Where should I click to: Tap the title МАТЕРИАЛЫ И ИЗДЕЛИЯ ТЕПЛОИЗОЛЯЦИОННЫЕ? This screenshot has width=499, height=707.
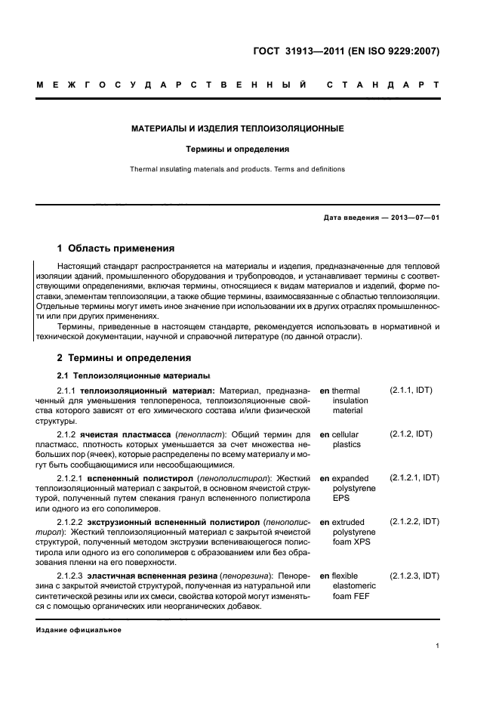238,129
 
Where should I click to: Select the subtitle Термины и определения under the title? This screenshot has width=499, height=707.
238,150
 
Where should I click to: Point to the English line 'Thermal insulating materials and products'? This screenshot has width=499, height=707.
238,169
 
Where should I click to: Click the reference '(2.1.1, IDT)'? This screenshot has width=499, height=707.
411,391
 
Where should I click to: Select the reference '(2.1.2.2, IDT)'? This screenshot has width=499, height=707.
414,522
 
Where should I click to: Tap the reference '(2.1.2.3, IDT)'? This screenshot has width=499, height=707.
414,576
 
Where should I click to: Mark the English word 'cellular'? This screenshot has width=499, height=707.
345,435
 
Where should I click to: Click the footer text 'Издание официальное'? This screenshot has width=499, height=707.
79,630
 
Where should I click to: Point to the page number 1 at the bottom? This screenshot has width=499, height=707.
437,646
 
